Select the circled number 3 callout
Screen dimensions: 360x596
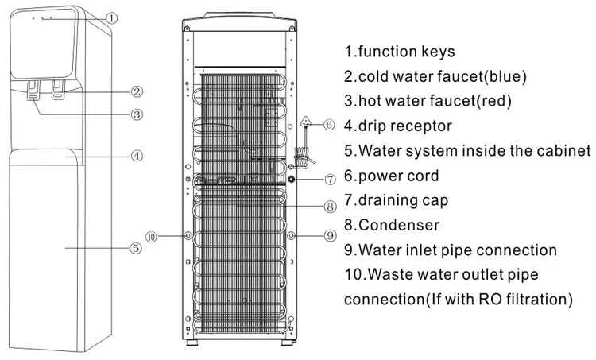[137, 114]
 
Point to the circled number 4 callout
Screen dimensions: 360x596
[137, 156]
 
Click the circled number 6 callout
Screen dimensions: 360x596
[329, 123]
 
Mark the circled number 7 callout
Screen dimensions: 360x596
[330, 180]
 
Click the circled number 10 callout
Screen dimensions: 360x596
[153, 236]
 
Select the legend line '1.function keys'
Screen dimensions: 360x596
[399, 52]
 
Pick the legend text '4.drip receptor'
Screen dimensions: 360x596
[397, 126]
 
